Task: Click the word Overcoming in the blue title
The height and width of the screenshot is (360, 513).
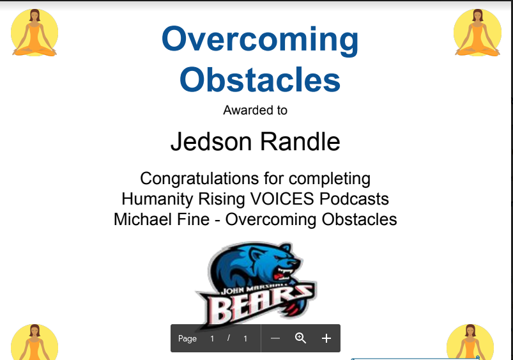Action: pyautogui.click(x=260, y=40)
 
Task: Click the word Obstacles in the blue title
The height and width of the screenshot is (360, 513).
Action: pyautogui.click(x=260, y=79)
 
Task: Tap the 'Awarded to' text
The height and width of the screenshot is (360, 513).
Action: pyautogui.click(x=255, y=111)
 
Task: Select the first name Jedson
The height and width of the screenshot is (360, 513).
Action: pyautogui.click(x=211, y=141)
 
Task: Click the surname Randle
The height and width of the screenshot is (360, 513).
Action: pyautogui.click(x=300, y=141)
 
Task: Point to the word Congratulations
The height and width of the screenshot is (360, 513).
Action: pyautogui.click(x=200, y=179)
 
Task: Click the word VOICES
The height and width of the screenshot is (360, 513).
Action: pyautogui.click(x=282, y=199)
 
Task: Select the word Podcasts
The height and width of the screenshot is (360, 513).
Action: pyautogui.click(x=354, y=199)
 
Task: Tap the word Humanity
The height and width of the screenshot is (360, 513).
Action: pyautogui.click(x=155, y=199)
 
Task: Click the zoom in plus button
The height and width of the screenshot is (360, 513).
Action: pyautogui.click(x=326, y=338)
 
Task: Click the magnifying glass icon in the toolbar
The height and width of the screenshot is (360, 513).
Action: pyautogui.click(x=300, y=338)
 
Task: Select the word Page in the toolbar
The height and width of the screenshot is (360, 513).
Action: pyautogui.click(x=187, y=338)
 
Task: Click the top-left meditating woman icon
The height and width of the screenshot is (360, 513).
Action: pyautogui.click(x=34, y=33)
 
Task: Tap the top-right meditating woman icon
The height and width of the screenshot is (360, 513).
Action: pyautogui.click(x=477, y=33)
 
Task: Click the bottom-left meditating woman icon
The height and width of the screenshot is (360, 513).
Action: pyautogui.click(x=34, y=342)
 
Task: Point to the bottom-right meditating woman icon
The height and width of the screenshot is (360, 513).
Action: pyautogui.click(x=470, y=342)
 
